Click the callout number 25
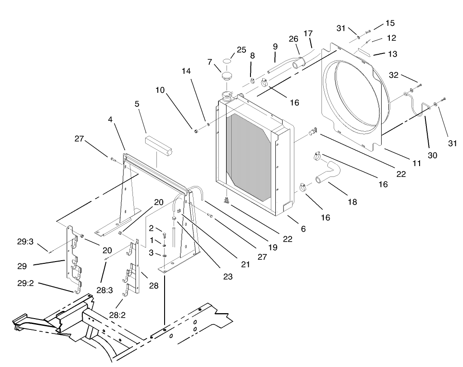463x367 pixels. pyautogui.click(x=241, y=49)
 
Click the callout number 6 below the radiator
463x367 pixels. pyautogui.click(x=303, y=229)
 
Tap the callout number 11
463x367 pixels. pyautogui.click(x=417, y=163)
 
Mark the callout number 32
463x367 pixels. pyautogui.click(x=394, y=75)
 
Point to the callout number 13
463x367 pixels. pyautogui.click(x=392, y=54)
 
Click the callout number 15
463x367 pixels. pyautogui.click(x=390, y=23)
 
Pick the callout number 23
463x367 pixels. pyautogui.click(x=227, y=276)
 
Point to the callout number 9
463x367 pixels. pyautogui.click(x=275, y=46)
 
